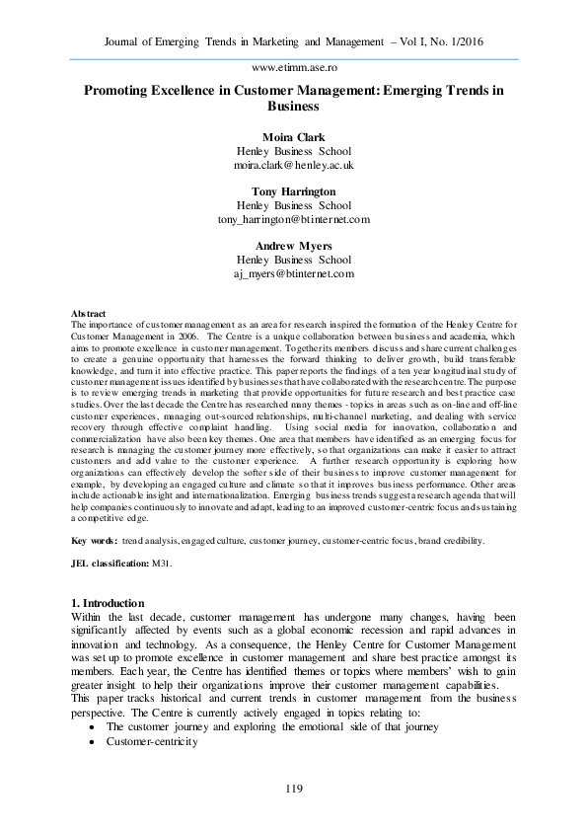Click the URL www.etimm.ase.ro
click(293, 67)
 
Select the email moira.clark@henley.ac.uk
click(293, 166)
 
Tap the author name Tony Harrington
click(293, 191)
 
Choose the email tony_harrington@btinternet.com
click(293, 219)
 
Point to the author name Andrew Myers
click(293, 245)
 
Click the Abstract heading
click(91, 314)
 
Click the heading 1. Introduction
click(109, 603)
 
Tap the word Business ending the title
click(293, 106)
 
